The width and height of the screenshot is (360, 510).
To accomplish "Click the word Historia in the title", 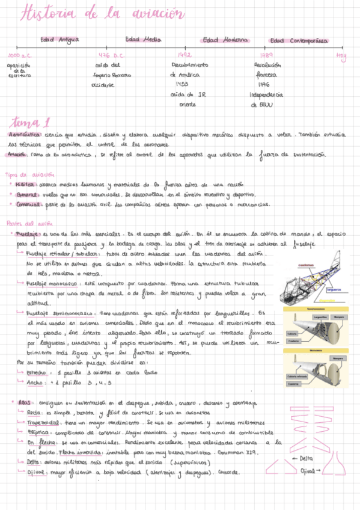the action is point(43,14).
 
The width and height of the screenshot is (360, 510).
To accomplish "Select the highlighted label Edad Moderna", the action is point(225,40).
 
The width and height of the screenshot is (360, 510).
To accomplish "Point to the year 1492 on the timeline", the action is point(185,55).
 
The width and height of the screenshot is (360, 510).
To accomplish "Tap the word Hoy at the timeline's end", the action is point(342,57).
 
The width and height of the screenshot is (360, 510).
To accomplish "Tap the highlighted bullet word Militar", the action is point(26,185).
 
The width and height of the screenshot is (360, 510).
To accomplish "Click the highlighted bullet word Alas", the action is point(24,402).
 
